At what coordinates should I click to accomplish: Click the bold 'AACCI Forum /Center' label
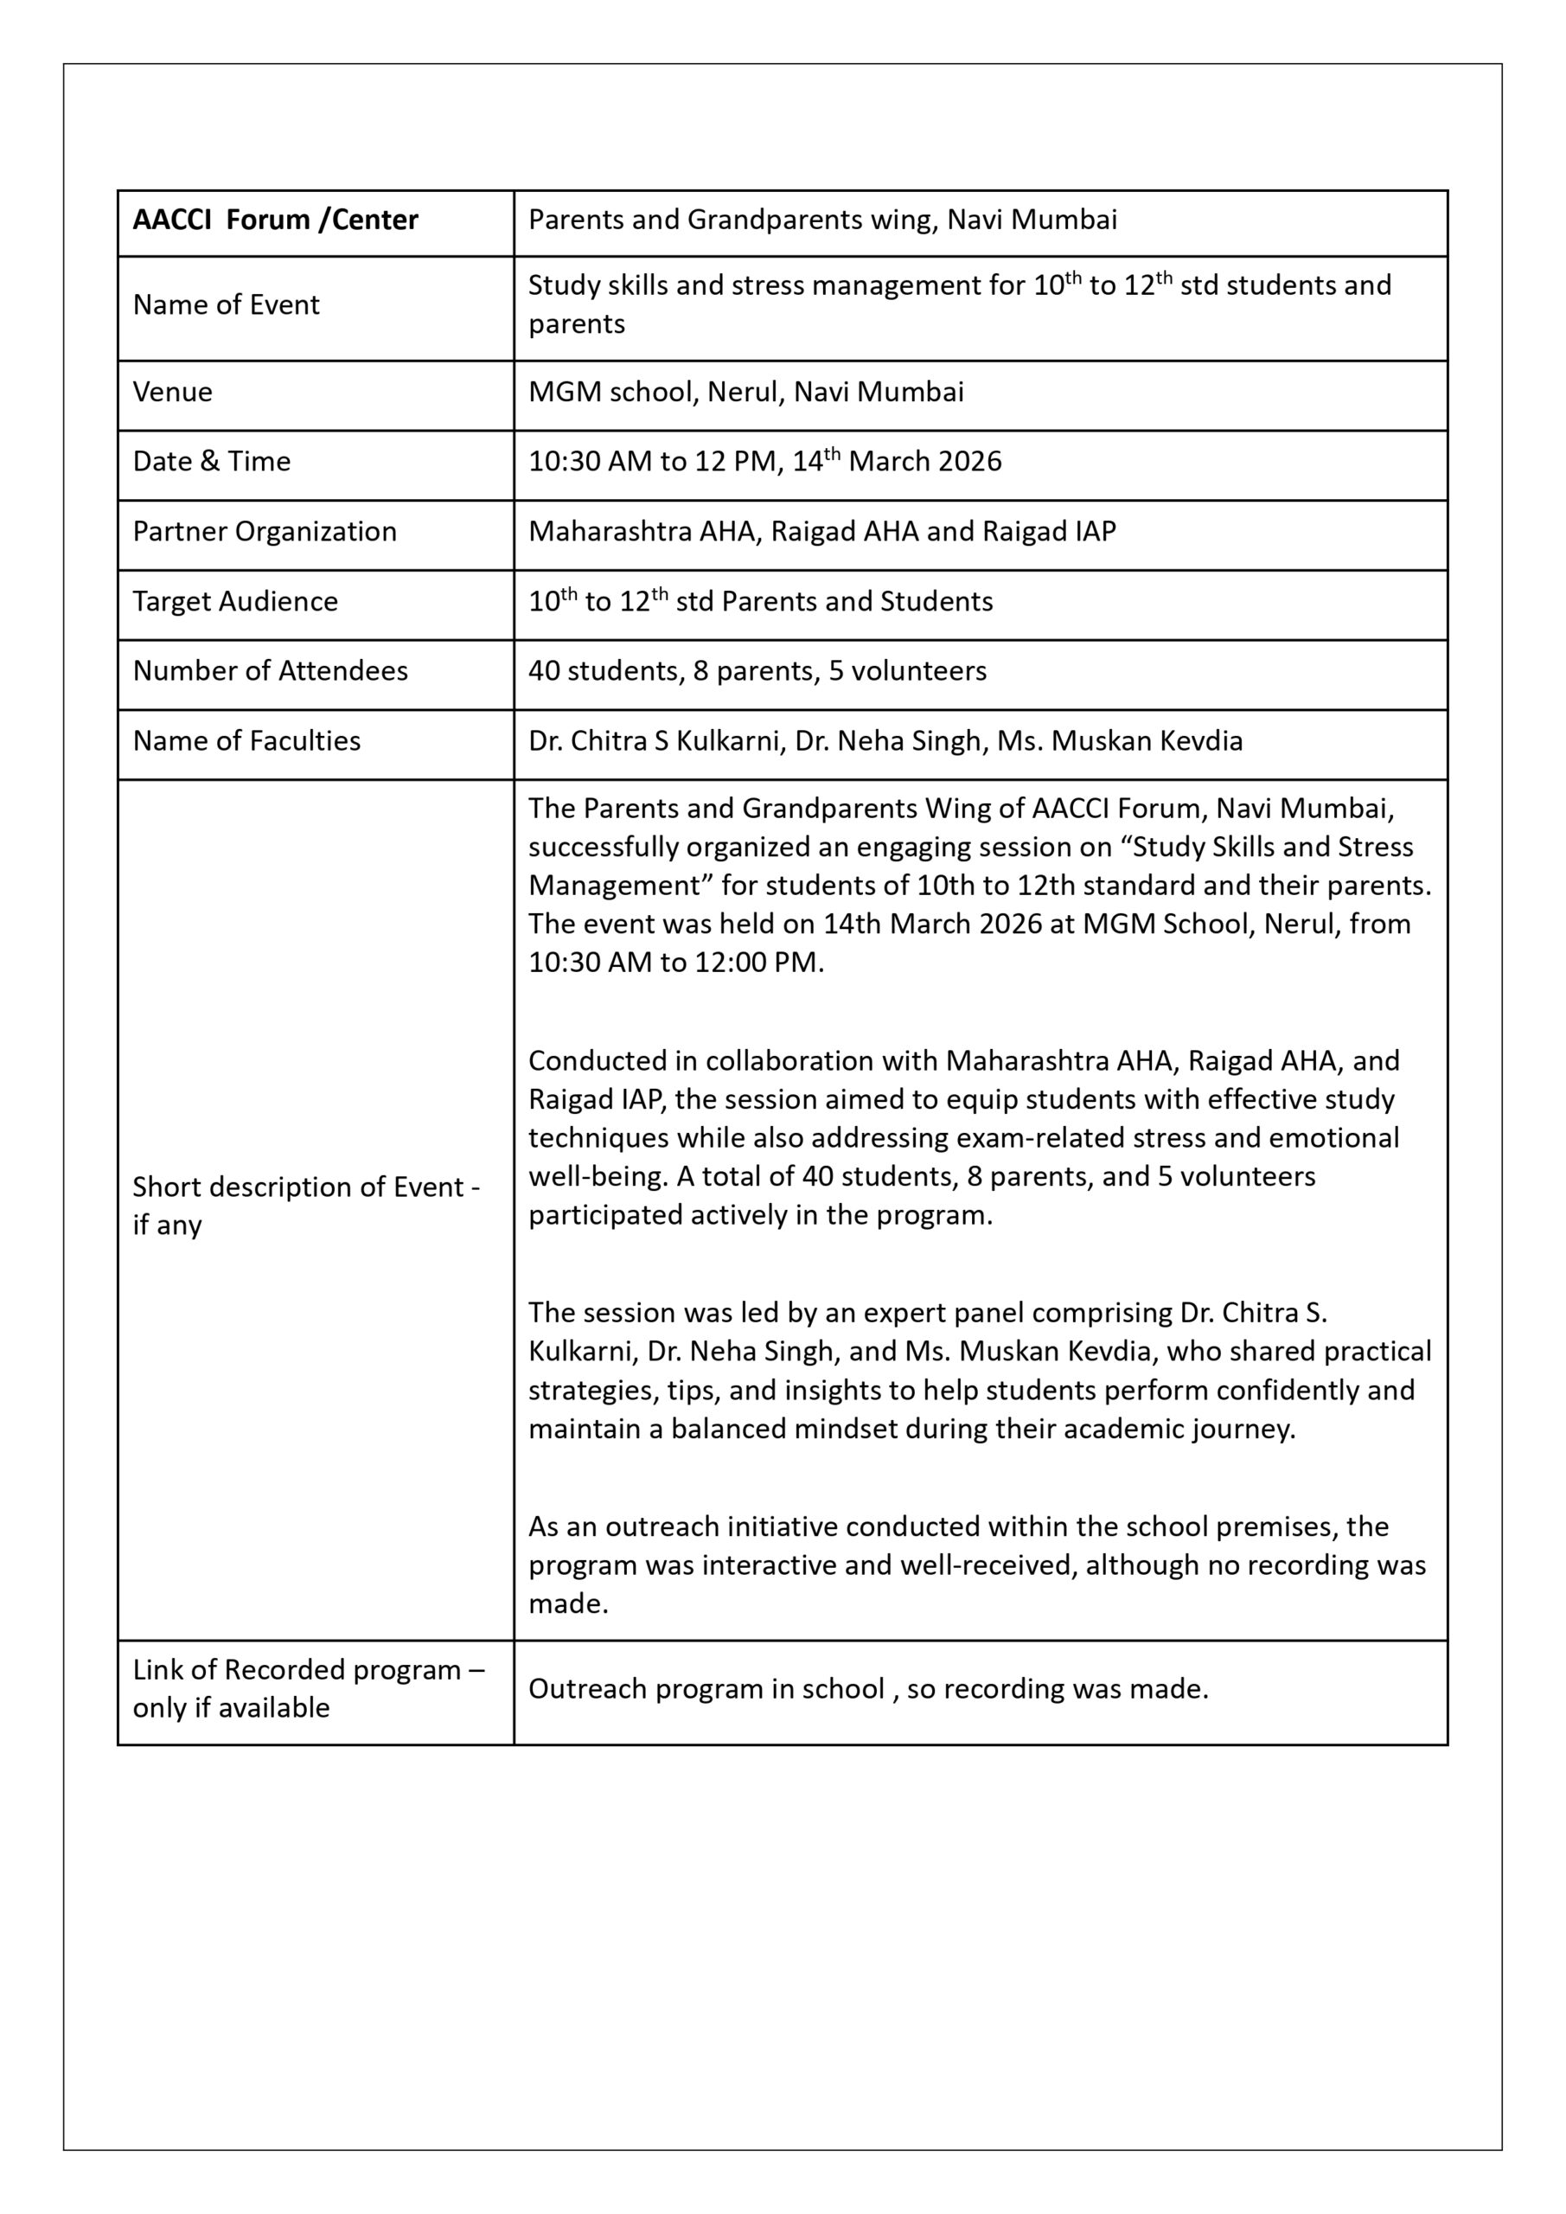pyautogui.click(x=275, y=220)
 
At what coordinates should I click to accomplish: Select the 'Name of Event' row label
pyautogui.click(x=226, y=304)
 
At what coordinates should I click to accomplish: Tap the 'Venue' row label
pyautogui.click(x=173, y=392)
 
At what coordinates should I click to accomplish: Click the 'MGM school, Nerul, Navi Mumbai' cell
pyautogui.click(x=745, y=392)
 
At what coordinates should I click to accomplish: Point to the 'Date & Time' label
pyautogui.click(x=211, y=461)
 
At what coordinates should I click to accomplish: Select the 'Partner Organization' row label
pyautogui.click(x=265, y=531)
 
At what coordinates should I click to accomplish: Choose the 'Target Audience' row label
pyautogui.click(x=235, y=602)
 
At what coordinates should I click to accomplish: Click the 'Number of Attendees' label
pyautogui.click(x=270, y=671)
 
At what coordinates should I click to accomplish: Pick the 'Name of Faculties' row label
pyautogui.click(x=246, y=740)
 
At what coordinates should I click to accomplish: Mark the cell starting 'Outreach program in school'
pyautogui.click(x=868, y=1688)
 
